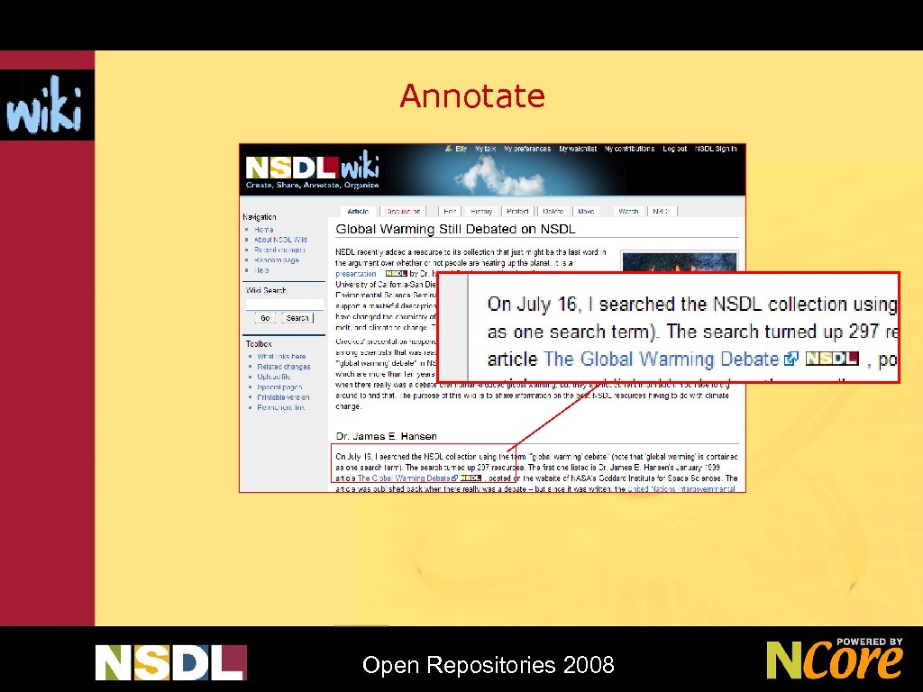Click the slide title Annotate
(x=472, y=96)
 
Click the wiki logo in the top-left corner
(x=45, y=105)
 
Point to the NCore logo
(x=834, y=659)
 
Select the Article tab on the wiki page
(x=358, y=211)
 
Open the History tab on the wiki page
(x=481, y=211)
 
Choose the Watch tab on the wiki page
(x=627, y=211)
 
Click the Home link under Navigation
(x=263, y=230)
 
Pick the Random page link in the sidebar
(x=276, y=260)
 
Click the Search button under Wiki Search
(x=297, y=318)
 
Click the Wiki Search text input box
(x=284, y=305)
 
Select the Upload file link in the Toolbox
(x=272, y=377)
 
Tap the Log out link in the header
(x=674, y=149)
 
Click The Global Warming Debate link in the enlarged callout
(x=662, y=359)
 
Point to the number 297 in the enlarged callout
(x=863, y=332)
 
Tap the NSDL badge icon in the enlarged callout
(x=831, y=358)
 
